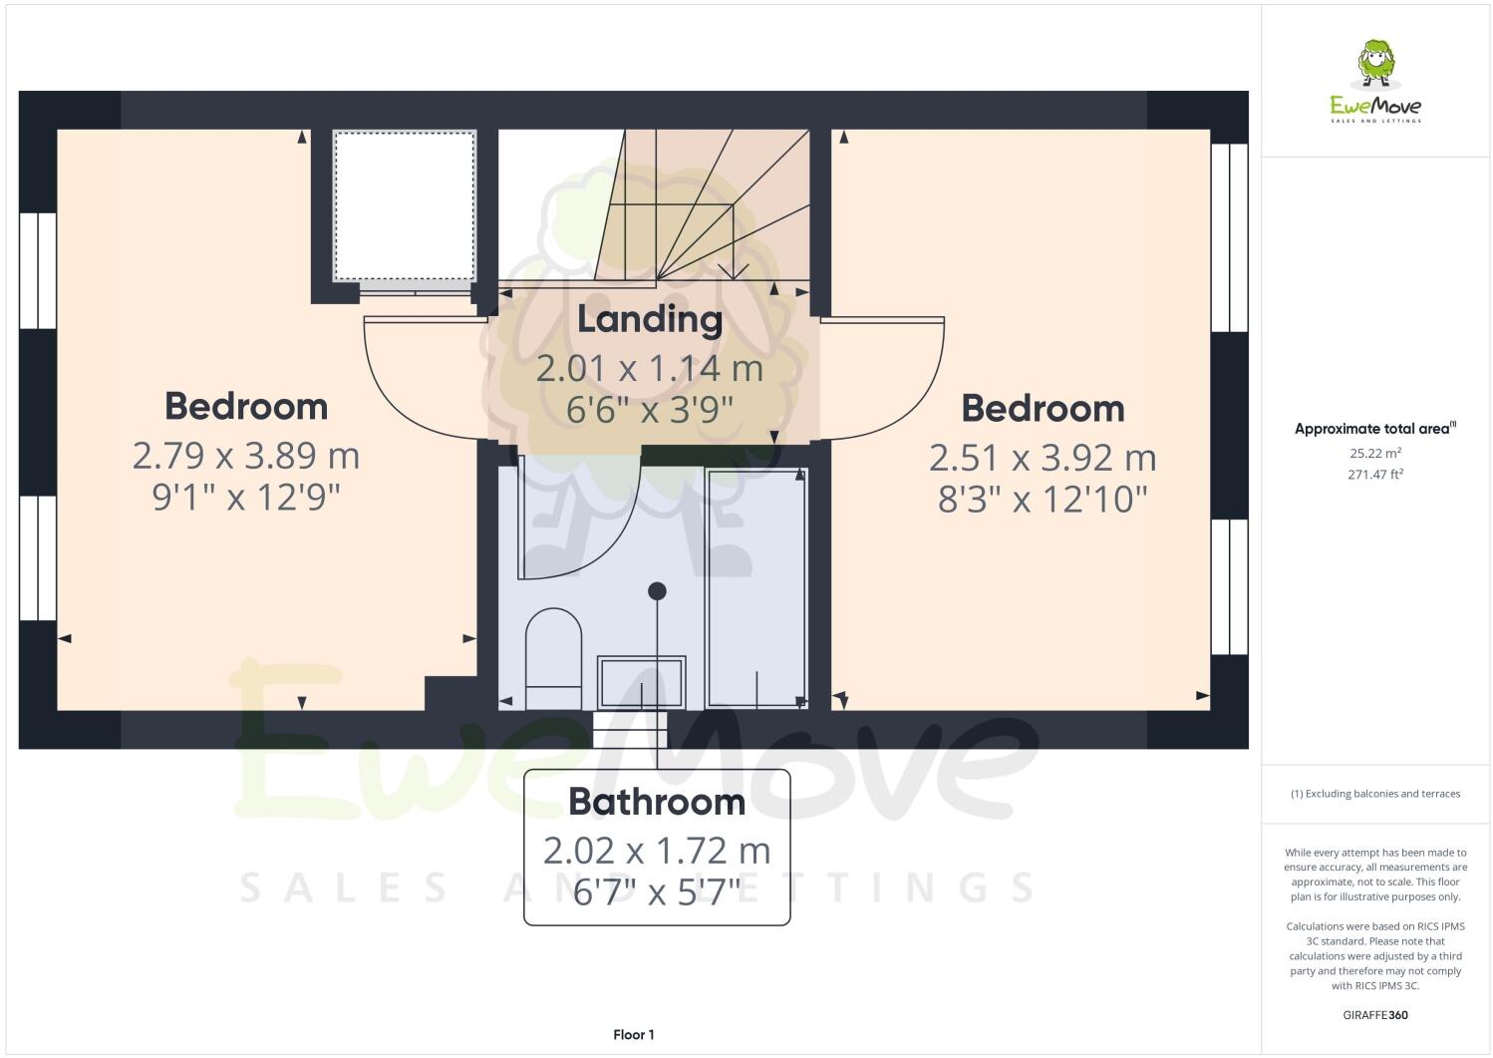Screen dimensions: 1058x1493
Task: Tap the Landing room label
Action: click(650, 319)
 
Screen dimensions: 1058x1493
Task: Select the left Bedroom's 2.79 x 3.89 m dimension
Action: click(246, 456)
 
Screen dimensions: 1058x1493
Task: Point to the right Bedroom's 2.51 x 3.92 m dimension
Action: click(1043, 458)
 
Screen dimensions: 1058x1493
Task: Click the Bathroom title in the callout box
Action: click(657, 802)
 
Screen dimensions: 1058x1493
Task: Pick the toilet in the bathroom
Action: click(552, 648)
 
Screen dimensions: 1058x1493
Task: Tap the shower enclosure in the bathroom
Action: click(755, 587)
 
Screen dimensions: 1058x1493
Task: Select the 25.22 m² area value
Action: click(1374, 453)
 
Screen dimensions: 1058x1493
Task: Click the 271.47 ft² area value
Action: click(1374, 475)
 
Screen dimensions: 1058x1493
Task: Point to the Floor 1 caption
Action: click(634, 1035)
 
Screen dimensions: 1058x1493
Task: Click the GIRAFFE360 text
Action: click(1374, 1016)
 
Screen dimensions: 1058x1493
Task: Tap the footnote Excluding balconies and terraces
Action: click(1374, 794)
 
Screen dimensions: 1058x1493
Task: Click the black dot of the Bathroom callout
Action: click(657, 591)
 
